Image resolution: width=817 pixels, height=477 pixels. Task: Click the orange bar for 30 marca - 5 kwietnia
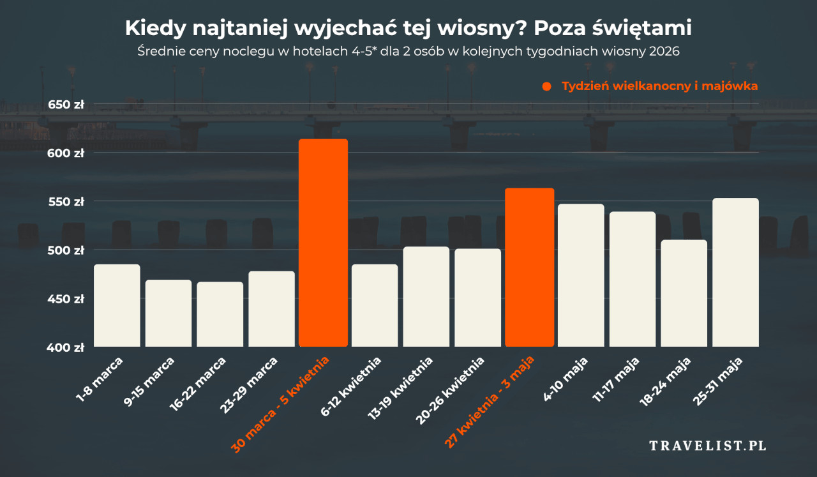[x=323, y=243]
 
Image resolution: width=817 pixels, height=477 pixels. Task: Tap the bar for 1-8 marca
[x=117, y=305]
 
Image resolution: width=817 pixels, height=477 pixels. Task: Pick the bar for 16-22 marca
[x=220, y=314]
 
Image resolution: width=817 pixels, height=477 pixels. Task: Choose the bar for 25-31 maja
[x=735, y=272]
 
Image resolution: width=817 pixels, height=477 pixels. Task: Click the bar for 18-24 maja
[x=684, y=293]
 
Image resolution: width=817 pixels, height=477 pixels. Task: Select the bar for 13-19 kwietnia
[x=426, y=296]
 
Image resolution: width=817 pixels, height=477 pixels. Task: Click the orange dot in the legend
[x=546, y=86]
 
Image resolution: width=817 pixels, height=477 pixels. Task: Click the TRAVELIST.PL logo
[x=708, y=446]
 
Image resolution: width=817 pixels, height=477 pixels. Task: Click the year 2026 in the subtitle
[x=663, y=51]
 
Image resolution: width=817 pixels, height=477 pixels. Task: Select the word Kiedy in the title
[x=149, y=28]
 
